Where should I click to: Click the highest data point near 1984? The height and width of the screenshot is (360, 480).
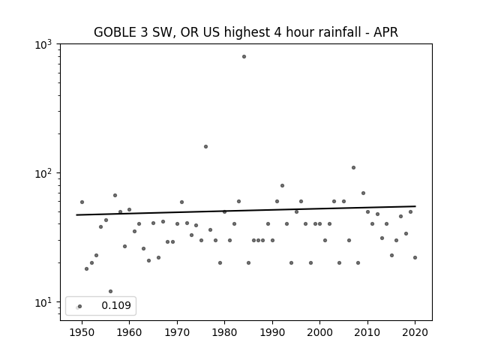[x=244, y=57]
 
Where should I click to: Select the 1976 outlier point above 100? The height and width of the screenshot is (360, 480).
[x=205, y=147]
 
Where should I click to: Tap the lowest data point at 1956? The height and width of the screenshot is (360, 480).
[x=110, y=292]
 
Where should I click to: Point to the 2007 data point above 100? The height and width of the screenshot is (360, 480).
[x=353, y=168]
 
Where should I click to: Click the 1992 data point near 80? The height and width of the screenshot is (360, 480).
[x=282, y=186]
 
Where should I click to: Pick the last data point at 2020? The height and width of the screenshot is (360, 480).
[x=415, y=258]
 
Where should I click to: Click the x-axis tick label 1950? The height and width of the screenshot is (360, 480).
[x=82, y=332]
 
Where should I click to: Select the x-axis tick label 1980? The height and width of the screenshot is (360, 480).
[x=224, y=332]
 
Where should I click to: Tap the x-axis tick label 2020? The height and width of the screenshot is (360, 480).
[x=415, y=332]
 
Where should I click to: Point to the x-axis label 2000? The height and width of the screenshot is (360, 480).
[x=320, y=332]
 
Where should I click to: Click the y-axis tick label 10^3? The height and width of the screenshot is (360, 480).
[x=43, y=45]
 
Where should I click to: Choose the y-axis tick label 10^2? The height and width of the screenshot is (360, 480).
[x=43, y=173]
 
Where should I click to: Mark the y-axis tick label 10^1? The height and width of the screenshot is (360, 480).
[x=43, y=303]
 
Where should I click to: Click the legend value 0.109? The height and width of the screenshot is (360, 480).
[x=116, y=305]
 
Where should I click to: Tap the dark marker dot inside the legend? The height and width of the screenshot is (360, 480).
[x=80, y=307]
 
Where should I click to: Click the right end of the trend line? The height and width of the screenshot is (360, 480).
[x=415, y=206]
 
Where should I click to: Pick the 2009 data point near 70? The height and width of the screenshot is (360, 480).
[x=363, y=193]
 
